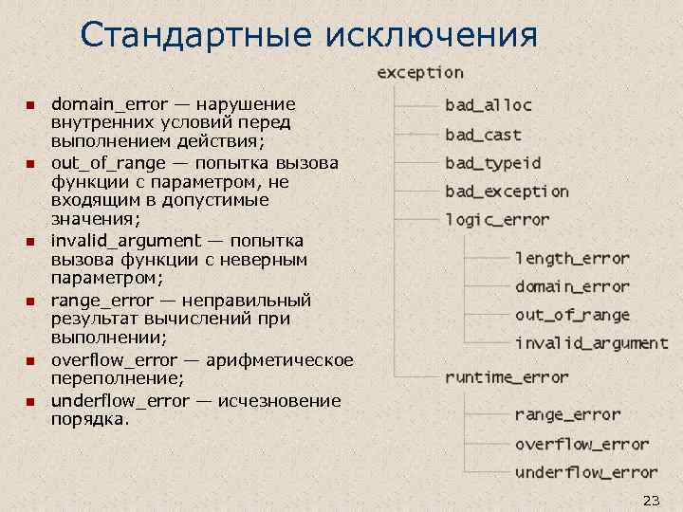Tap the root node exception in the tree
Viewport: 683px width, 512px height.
420,73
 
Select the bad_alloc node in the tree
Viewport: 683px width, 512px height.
489,105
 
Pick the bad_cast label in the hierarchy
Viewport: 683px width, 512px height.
483,135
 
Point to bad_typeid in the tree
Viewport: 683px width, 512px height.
493,163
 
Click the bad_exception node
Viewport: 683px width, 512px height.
507,192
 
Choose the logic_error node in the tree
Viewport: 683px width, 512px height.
497,220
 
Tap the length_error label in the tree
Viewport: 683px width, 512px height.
572,258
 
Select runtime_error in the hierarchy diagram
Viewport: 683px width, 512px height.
507,377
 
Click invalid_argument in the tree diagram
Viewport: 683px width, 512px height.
591,343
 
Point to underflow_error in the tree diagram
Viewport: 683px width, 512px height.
586,472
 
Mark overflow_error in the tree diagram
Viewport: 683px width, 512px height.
581,444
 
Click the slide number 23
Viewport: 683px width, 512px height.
651,500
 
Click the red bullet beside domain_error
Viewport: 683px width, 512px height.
29,104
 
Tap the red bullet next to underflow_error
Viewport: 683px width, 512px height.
29,401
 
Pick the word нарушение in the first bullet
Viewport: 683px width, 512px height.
247,103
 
